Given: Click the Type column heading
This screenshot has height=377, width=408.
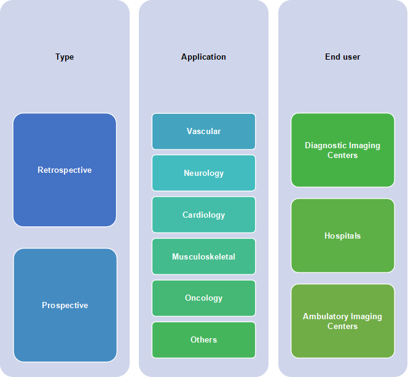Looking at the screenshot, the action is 65,57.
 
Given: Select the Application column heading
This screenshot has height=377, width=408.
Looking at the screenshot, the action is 203,57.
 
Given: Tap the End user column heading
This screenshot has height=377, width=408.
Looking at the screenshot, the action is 342,57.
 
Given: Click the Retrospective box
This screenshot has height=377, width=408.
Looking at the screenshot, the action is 65,170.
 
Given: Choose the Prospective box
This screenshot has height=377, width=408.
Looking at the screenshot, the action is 65,305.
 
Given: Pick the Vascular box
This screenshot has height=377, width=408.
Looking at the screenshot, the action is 204,131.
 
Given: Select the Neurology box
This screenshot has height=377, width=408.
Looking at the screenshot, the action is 204,173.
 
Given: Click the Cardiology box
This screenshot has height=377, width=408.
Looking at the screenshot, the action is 204,215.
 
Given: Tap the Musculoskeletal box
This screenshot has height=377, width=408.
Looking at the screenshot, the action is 204,256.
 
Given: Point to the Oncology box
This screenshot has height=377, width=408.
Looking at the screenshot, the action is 204,298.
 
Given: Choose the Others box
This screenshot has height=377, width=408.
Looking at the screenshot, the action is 204,339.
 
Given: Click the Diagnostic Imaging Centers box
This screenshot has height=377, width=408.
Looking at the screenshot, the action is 343,150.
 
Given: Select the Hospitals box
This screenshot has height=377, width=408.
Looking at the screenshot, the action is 343,236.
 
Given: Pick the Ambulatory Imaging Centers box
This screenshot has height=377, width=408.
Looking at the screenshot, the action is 343,321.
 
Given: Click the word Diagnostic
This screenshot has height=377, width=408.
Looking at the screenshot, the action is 323,145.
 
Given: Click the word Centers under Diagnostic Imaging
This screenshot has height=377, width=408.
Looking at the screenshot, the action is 342,155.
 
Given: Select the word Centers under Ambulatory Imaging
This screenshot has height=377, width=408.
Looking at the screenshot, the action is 342,326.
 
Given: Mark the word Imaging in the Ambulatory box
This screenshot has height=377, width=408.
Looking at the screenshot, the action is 366,317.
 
